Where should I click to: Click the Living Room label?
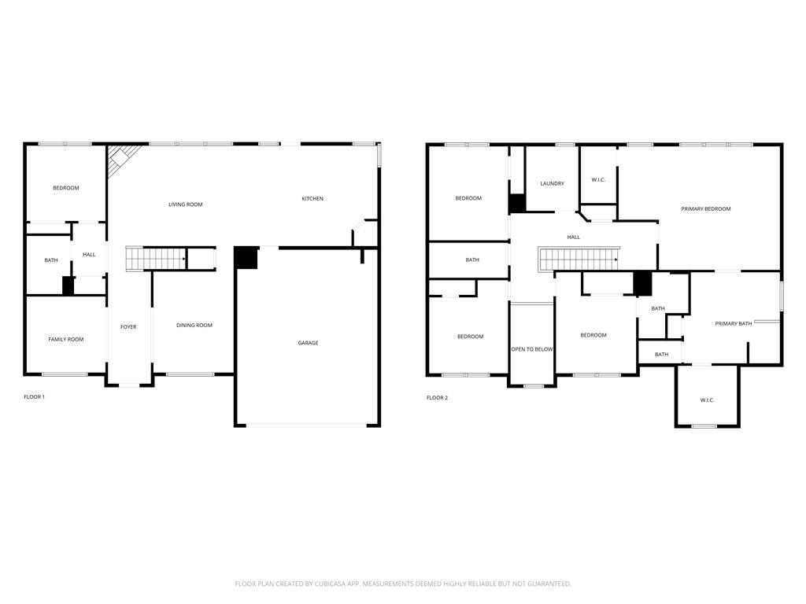point(185,204)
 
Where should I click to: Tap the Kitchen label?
point(312,199)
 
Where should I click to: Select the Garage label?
point(308,343)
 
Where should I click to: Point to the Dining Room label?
point(194,326)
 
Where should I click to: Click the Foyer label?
point(128,327)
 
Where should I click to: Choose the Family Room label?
point(66,340)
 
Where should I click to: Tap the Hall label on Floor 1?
point(89,255)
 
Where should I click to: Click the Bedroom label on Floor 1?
point(66,188)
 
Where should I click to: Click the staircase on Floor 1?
point(156,258)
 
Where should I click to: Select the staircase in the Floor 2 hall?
point(579,258)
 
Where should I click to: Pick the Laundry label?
point(552,184)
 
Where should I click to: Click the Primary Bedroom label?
point(705,209)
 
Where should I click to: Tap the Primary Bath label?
point(733,324)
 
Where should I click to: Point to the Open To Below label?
point(532,349)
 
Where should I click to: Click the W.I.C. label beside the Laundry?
point(598,180)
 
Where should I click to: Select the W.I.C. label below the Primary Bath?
point(707,400)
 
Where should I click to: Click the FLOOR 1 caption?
point(35,397)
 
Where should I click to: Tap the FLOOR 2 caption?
point(437,398)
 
